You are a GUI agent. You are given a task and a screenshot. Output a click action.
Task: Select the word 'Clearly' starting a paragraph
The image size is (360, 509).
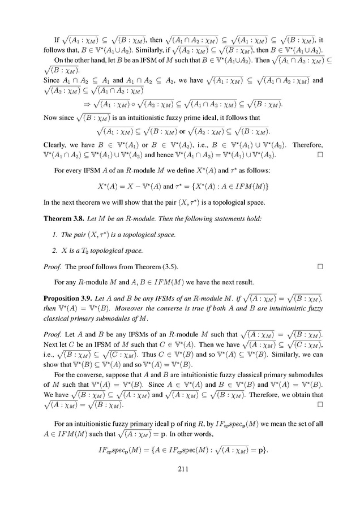54,145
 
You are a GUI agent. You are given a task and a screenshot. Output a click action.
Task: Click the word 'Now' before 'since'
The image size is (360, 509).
50,118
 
